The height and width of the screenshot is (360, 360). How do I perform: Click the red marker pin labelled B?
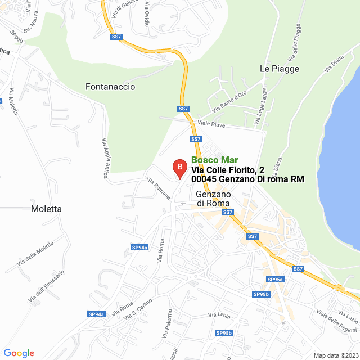(x=179, y=167)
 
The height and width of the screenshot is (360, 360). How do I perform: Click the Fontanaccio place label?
(x=110, y=87)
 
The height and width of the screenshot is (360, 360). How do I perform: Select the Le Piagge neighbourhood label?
(x=280, y=69)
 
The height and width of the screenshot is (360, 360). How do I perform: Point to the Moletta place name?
(x=46, y=209)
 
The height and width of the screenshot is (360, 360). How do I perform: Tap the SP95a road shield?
(x=275, y=280)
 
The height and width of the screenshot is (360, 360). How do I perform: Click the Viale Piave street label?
(x=211, y=124)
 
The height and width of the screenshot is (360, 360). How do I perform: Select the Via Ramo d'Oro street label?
(x=229, y=101)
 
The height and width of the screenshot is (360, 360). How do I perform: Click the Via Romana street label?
(x=159, y=188)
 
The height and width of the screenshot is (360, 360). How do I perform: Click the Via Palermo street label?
(x=167, y=323)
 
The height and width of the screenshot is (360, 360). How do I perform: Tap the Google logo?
(x=19, y=353)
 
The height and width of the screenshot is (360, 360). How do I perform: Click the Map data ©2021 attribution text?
(x=335, y=355)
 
